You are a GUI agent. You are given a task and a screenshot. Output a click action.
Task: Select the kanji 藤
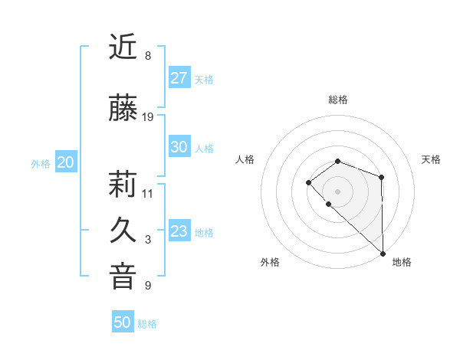click(x=123, y=109)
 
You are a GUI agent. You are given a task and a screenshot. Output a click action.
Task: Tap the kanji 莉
click(x=123, y=185)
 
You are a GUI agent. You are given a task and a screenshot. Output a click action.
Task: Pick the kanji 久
click(x=123, y=231)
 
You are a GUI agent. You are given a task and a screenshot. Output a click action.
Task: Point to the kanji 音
click(x=123, y=277)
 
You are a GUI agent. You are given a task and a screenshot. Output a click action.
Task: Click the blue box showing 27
click(x=179, y=78)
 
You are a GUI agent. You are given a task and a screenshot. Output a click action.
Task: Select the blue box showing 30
click(x=179, y=147)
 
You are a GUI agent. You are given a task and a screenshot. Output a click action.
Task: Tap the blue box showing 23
click(x=179, y=231)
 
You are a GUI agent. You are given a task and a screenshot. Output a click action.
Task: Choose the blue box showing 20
click(x=65, y=162)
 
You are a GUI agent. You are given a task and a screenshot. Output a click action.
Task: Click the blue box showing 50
click(x=123, y=322)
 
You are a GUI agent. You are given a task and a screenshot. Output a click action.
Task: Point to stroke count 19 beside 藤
click(x=149, y=117)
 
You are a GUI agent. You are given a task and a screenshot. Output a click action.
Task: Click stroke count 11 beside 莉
click(x=148, y=193)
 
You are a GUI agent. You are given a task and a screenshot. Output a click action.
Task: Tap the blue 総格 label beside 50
click(x=147, y=324)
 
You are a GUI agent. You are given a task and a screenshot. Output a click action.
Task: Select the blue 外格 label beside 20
click(x=41, y=163)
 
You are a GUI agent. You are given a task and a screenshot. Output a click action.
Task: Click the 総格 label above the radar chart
click(x=338, y=100)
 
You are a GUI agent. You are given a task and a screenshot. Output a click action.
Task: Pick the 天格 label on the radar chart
click(x=432, y=159)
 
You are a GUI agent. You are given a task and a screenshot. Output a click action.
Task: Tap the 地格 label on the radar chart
click(x=402, y=262)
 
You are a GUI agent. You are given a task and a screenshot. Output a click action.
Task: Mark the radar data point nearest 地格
click(x=383, y=253)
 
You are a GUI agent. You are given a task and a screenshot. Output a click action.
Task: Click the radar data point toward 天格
click(x=381, y=177)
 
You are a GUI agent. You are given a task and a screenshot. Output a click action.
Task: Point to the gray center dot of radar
click(x=337, y=191)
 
